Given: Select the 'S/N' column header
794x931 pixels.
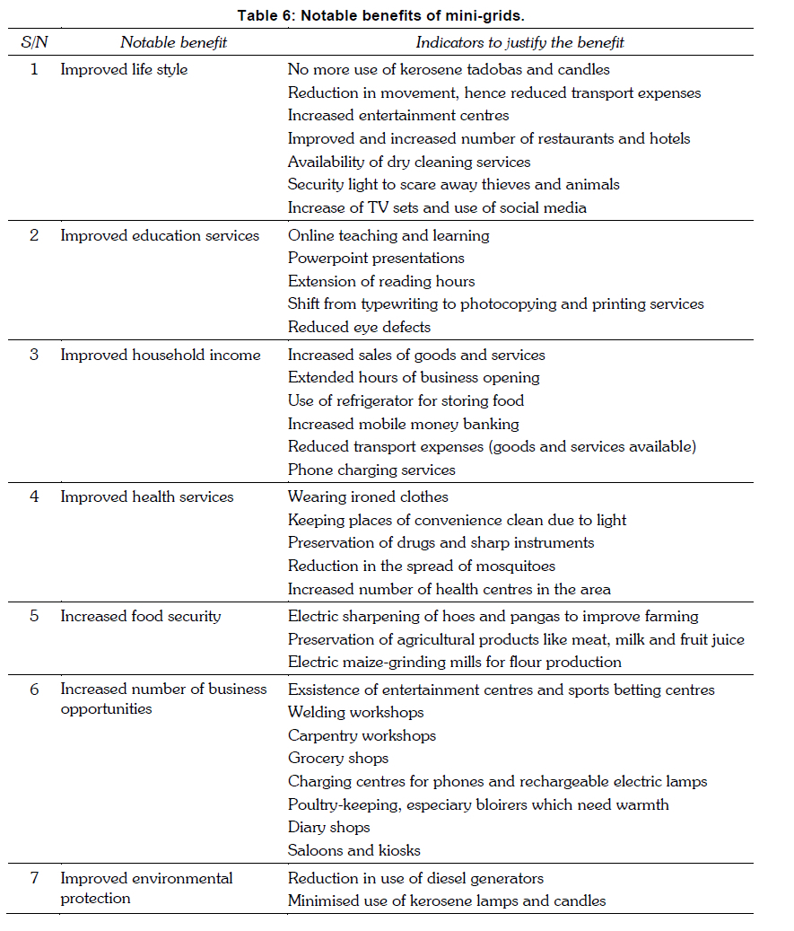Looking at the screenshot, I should tap(34, 42).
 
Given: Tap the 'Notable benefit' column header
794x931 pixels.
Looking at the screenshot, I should tap(174, 42).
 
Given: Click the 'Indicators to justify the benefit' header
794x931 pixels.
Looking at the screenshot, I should tap(519, 42).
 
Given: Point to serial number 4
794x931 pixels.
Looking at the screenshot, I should tap(34, 496).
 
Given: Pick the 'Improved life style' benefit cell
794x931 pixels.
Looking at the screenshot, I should tap(124, 69).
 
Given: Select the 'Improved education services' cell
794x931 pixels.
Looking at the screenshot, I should tap(160, 235).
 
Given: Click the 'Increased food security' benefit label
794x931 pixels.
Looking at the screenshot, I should tap(140, 616).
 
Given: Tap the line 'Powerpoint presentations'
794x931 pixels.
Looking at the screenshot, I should tap(376, 258).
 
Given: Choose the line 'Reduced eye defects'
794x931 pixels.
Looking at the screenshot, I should tap(359, 327).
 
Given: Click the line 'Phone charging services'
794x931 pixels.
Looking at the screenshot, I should tap(371, 470).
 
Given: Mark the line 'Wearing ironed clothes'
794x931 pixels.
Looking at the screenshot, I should tap(368, 496).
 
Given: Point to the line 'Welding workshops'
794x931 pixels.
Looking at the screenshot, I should tap(355, 712).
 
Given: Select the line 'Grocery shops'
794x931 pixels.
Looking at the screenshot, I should tap(337, 758).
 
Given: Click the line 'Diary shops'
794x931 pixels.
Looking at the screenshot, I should tap(328, 827).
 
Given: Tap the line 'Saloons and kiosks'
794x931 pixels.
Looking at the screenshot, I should tap(353, 849).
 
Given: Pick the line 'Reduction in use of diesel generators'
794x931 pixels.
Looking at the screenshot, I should tap(415, 877).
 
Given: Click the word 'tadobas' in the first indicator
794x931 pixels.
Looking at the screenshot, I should tap(504, 69).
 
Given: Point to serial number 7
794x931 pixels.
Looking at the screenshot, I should tap(34, 877).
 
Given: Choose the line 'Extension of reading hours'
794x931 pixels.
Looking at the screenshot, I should tap(381, 281).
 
